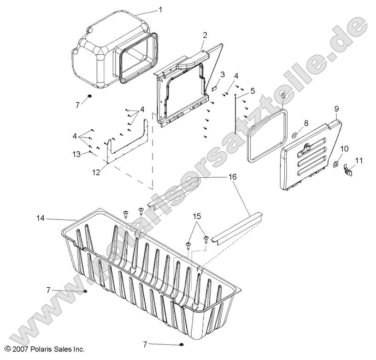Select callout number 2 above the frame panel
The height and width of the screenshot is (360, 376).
point(205,35)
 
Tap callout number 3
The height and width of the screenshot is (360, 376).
point(223,74)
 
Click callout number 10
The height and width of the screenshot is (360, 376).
point(344,149)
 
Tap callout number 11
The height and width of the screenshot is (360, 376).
point(359,160)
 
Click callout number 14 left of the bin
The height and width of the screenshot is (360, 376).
point(41,219)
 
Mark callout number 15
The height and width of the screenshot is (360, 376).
point(197,216)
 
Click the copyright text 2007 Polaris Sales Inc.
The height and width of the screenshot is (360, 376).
point(42,349)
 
